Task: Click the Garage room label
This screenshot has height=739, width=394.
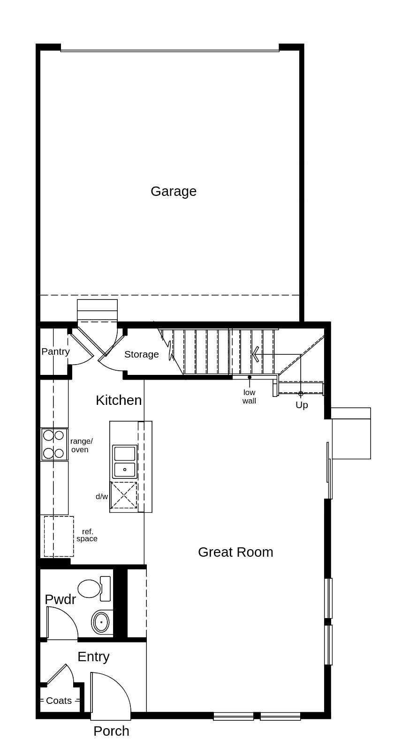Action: tap(173, 191)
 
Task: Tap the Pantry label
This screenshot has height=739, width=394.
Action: tap(55, 351)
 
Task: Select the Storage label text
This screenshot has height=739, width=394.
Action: tap(141, 354)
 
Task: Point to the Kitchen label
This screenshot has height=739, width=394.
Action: tap(119, 400)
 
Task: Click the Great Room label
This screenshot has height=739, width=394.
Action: tap(235, 552)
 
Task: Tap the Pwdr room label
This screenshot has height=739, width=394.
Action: tap(60, 599)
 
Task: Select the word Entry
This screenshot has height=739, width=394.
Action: tap(93, 657)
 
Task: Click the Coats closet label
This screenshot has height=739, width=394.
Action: tap(59, 701)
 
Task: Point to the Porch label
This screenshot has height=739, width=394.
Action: tap(111, 731)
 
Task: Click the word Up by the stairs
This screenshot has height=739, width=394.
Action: tap(302, 405)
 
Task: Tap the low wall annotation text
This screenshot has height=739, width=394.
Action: tap(249, 396)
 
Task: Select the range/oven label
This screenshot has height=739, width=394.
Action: tap(81, 445)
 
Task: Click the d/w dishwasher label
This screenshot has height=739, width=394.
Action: tap(101, 497)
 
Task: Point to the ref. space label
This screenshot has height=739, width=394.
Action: tap(87, 535)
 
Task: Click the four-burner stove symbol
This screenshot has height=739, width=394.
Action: tap(54, 444)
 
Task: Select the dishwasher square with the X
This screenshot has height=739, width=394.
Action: tap(124, 495)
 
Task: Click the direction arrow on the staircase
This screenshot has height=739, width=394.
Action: tap(255, 354)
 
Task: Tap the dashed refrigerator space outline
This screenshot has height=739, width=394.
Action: tap(59, 536)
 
